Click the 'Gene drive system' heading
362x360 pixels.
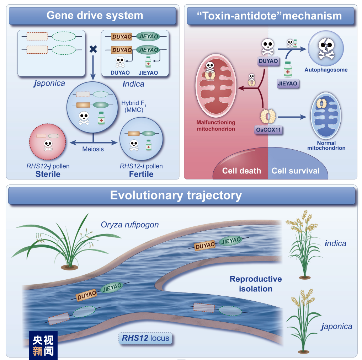tap(95, 16)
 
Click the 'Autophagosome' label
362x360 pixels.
tap(326, 70)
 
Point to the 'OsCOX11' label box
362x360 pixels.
tap(268, 130)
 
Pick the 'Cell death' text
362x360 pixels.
tap(241, 171)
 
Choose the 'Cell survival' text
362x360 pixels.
tap(296, 171)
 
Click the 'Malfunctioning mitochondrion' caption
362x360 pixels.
tap(216, 125)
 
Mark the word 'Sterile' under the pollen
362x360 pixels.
tap(48, 174)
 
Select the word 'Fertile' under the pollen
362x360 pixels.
tap(141, 174)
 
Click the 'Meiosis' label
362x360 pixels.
tap(93, 149)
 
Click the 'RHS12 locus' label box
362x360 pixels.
tap(145, 338)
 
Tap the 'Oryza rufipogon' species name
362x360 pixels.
tap(130, 225)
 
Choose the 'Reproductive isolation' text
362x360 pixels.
tap(256, 284)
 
